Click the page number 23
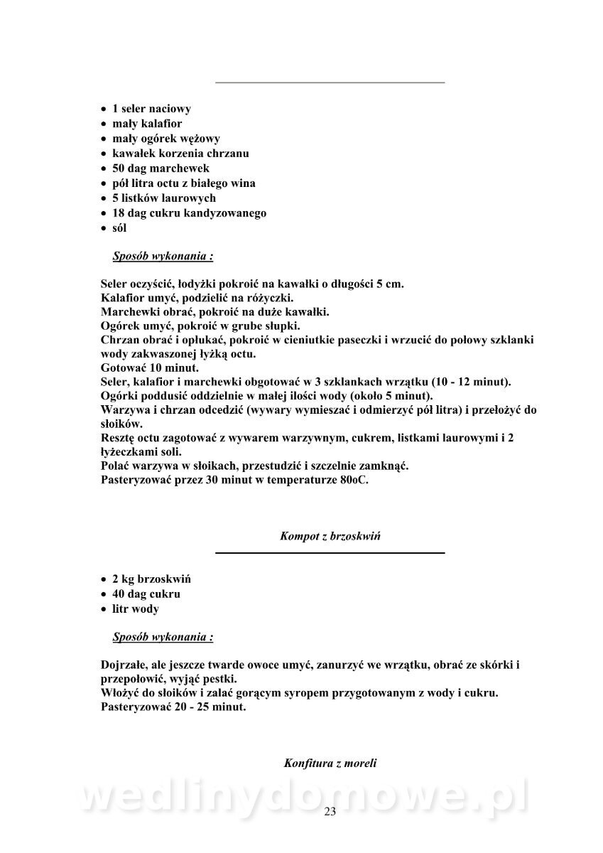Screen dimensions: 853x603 tap(330, 812)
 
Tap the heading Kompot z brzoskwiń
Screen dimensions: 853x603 tap(330, 537)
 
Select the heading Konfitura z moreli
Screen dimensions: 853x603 tap(330, 763)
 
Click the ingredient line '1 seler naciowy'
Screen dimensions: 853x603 tap(151, 109)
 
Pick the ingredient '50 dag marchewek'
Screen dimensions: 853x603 tap(161, 168)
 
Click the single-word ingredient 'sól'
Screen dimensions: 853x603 tap(119, 228)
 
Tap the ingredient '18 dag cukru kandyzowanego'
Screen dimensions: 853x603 tap(189, 213)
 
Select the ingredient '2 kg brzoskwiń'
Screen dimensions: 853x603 tap(151, 579)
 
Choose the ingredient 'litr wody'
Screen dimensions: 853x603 tap(136, 609)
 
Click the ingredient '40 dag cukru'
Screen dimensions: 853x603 tap(146, 594)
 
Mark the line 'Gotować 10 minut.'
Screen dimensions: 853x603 tap(151, 368)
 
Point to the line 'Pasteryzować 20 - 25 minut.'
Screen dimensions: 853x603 tap(174, 708)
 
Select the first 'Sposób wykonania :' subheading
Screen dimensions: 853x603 tap(163, 256)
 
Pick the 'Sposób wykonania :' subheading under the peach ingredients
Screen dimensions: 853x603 tap(163, 637)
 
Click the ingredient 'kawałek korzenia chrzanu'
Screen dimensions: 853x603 tap(180, 154)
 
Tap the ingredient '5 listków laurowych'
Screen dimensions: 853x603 tap(164, 198)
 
